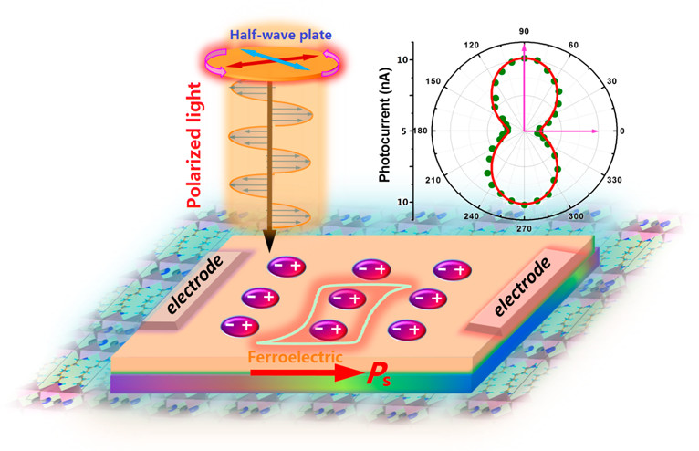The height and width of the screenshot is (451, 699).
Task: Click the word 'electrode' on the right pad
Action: click(x=518, y=287)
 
